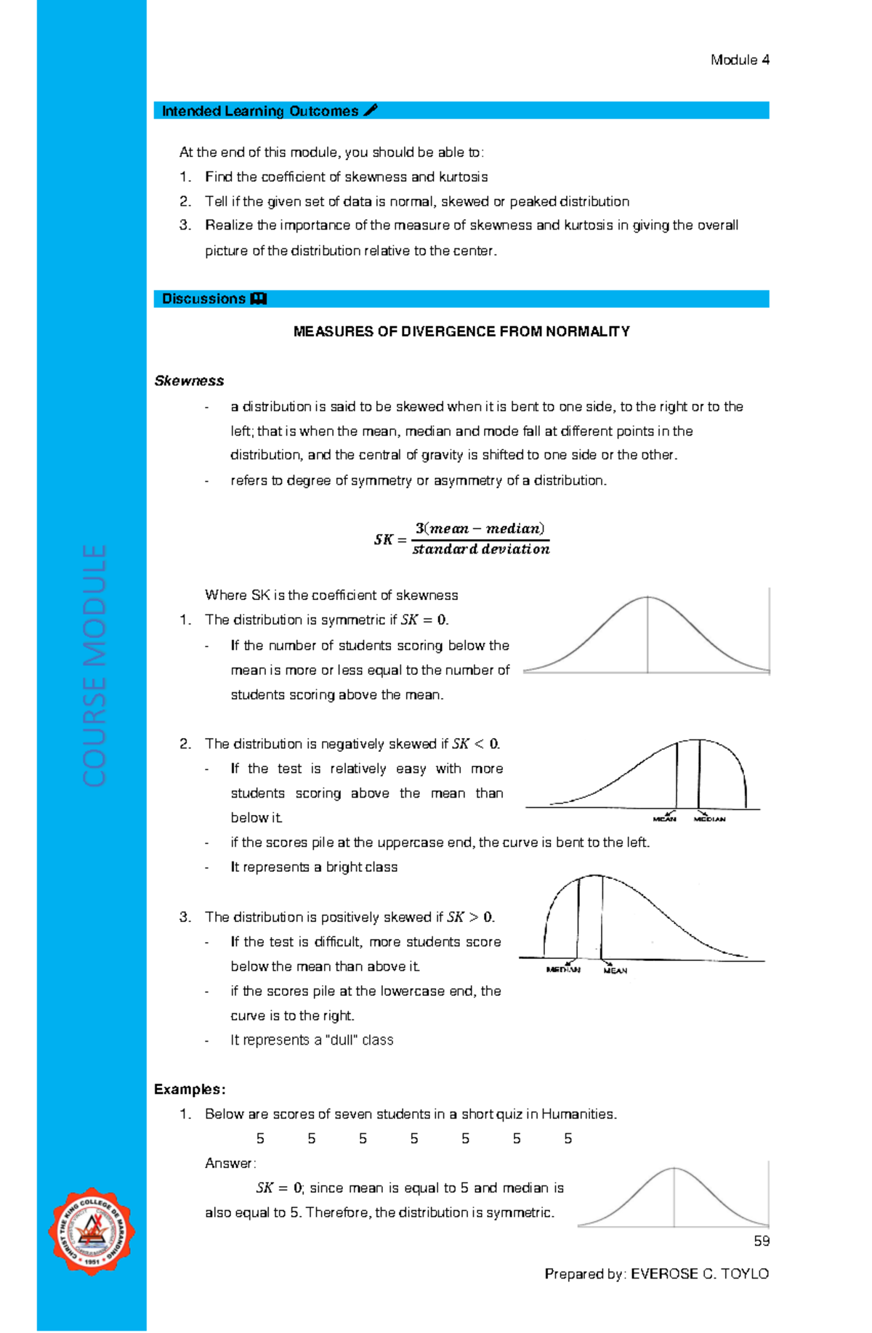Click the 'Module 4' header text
739,60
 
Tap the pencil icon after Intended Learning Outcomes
370,110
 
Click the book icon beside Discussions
258,299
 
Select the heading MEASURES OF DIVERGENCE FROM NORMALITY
461,332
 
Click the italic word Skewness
189,381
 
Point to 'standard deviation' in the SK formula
480,550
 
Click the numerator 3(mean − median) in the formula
480,528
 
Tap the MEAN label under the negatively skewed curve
664,819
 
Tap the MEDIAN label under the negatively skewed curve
709,819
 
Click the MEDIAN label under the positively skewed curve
563,970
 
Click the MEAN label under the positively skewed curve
615,971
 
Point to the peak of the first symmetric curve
647,598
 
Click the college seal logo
92,1232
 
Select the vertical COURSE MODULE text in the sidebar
94,665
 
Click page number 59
761,1241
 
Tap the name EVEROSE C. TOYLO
699,1273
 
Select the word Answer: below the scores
230,1163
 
